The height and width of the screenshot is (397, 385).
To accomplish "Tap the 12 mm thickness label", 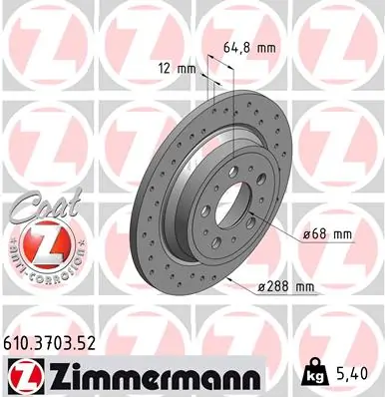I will (x=177, y=69).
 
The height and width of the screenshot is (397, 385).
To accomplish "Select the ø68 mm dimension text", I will (x=329, y=233).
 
